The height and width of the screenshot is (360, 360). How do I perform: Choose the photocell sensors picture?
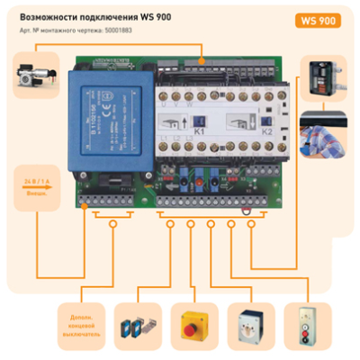coord(138,325)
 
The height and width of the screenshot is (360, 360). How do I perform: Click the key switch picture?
coord(249,325)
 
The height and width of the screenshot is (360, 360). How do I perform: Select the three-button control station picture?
coord(306,325)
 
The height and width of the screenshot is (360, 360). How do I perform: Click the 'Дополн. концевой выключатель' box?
coord(80,325)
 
